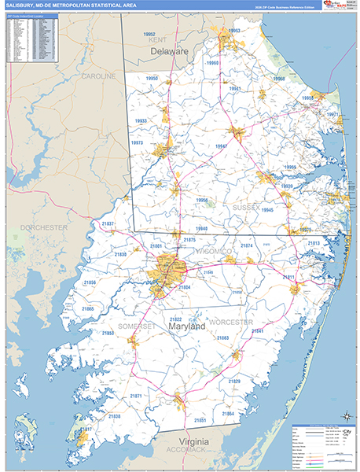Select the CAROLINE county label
tap(97, 76)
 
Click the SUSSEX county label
tap(245, 206)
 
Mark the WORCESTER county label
tap(230, 323)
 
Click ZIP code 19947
tap(221, 146)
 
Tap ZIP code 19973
tap(138, 143)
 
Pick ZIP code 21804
tap(185, 287)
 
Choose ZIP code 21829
tap(233, 381)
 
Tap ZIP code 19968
tap(278, 79)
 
